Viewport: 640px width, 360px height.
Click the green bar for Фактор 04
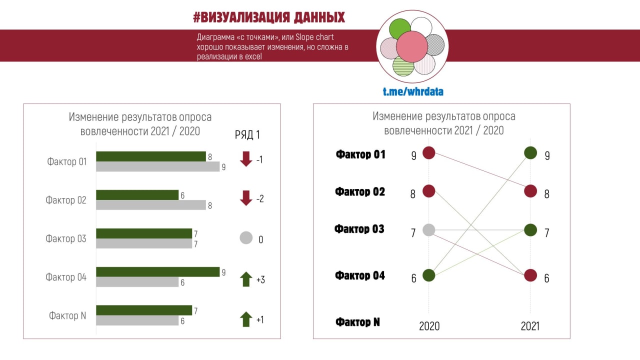(157, 271)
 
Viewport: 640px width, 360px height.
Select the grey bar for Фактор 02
(150, 205)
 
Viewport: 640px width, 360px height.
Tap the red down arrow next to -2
(246, 198)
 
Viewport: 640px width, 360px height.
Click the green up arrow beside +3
(246, 279)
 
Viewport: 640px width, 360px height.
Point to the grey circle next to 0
(246, 238)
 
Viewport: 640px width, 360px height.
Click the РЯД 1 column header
(247, 134)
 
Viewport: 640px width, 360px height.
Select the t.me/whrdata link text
(413, 91)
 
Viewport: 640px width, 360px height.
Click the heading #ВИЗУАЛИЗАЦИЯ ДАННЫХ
(269, 18)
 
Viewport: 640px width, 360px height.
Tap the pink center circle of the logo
(412, 46)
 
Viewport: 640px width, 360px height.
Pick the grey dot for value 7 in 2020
(429, 230)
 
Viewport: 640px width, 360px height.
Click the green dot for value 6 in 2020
(429, 275)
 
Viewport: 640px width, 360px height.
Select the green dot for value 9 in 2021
(530, 153)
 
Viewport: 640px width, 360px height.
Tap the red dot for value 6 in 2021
(530, 275)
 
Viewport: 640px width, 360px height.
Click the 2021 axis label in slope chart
(530, 326)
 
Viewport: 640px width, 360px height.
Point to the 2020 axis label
(429, 326)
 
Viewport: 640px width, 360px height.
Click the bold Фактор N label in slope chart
(357, 322)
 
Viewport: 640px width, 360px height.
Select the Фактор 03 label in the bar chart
(66, 238)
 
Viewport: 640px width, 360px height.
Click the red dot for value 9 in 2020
(429, 153)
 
